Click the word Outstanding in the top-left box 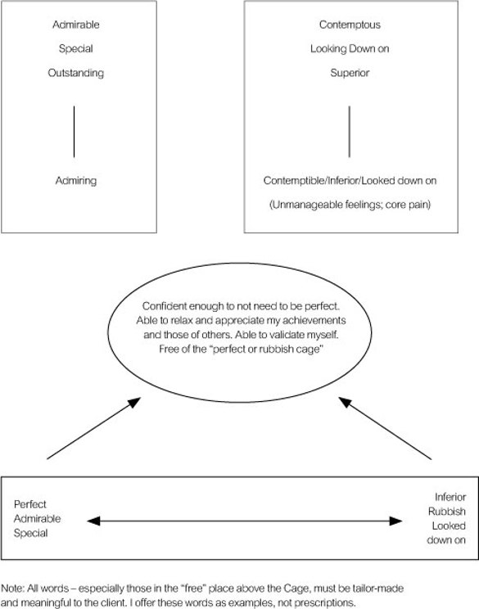tap(76, 73)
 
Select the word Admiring tap(76, 181)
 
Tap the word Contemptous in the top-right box tap(350, 25)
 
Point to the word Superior tap(350, 73)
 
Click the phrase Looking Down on tap(350, 48)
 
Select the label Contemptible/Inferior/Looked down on tap(350, 181)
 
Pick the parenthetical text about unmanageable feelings tap(350, 205)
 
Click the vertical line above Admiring tap(74, 132)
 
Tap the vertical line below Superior tap(350, 132)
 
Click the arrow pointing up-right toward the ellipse tap(93, 428)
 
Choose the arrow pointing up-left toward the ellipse tap(385, 428)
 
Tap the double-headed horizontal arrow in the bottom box tap(244, 521)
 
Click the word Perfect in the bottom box tap(30, 504)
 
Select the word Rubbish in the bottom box tap(447, 512)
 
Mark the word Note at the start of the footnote tap(13, 589)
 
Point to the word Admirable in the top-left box tap(76, 25)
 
